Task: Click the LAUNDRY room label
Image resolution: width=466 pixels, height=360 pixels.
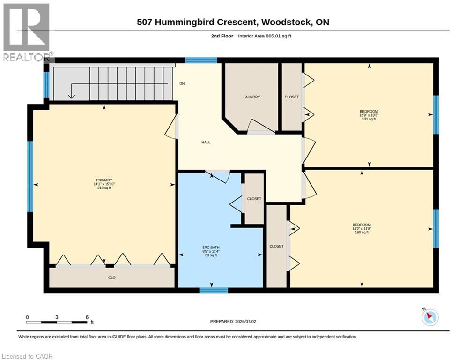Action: (x=251, y=97)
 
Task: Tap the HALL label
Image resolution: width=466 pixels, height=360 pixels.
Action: (x=206, y=142)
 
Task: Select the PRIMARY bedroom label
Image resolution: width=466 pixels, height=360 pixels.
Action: (x=104, y=180)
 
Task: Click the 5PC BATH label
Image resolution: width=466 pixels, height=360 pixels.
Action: (x=211, y=247)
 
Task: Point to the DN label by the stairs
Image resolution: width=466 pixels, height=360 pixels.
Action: (x=182, y=83)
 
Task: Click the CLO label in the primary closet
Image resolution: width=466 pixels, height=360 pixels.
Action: (x=112, y=277)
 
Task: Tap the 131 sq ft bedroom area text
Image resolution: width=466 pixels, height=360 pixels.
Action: (x=369, y=119)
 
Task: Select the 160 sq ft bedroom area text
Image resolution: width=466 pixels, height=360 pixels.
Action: (x=362, y=232)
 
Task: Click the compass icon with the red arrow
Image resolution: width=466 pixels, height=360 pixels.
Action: (x=430, y=317)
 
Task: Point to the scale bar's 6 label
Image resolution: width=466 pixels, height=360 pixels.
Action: (x=87, y=317)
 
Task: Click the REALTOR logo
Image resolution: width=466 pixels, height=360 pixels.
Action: (x=27, y=32)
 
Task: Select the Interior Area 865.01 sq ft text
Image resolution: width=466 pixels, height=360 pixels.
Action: (x=265, y=36)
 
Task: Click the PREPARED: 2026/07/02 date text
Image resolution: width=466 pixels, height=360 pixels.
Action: (x=233, y=321)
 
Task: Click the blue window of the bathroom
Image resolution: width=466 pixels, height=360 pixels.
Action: (x=214, y=290)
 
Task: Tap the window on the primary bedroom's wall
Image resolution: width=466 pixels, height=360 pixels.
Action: (x=30, y=176)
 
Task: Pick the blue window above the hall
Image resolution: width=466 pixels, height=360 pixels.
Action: (x=201, y=60)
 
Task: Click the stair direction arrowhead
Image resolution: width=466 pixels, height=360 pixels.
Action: (x=71, y=96)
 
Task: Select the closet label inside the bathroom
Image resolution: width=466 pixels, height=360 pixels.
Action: (x=254, y=199)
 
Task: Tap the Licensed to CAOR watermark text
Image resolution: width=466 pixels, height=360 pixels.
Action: (x=27, y=356)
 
